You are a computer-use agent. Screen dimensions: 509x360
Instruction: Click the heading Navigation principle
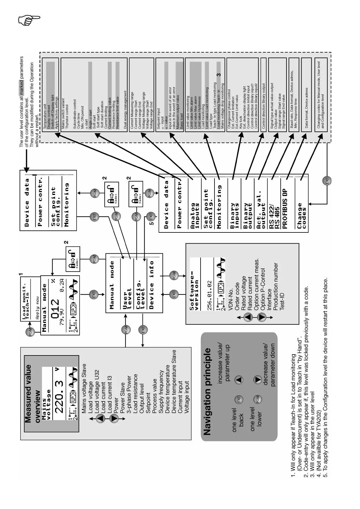pyautogui.click(x=207, y=391)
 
